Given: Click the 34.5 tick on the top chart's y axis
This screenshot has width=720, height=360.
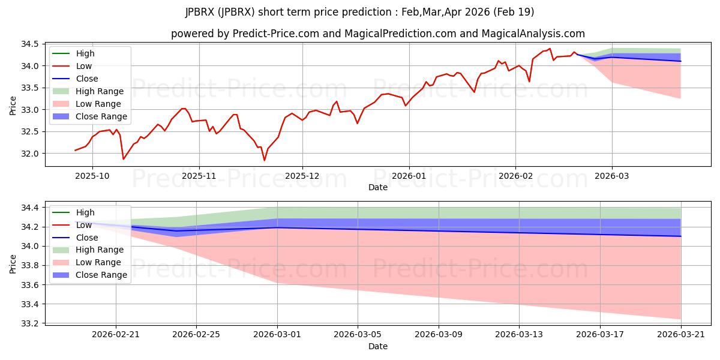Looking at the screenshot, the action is tap(29, 44).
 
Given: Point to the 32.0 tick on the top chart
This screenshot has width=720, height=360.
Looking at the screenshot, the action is tap(29, 154).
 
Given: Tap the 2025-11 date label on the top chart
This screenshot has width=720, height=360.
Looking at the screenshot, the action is tap(199, 176).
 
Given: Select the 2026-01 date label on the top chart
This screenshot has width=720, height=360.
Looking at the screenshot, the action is tap(409, 176).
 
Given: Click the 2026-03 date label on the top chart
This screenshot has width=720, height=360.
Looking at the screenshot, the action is tap(611, 176).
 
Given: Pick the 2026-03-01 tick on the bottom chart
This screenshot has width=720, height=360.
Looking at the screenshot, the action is tap(277, 335).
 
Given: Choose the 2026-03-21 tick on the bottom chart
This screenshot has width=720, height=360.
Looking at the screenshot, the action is tap(681, 335).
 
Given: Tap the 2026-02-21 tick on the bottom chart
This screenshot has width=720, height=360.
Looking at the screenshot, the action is tap(116, 335).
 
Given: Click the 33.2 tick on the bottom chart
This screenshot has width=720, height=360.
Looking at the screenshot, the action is tap(29, 323).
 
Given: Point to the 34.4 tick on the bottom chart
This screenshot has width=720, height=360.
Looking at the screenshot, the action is tap(29, 208).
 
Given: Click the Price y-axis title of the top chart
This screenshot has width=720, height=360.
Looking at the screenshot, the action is tap(13, 106).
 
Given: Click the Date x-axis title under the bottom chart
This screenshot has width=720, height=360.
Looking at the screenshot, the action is tap(378, 346).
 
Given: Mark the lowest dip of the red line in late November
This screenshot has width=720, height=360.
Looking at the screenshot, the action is tap(265, 160).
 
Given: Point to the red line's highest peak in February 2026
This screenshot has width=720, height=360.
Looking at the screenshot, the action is tap(550, 49).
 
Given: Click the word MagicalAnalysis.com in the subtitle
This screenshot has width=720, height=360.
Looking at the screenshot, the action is tap(533, 34).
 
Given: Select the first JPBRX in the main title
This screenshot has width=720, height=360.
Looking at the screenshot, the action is tap(200, 12).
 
